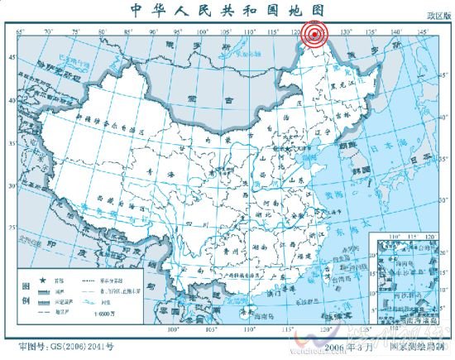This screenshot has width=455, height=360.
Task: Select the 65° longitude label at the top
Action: (x=21, y=31)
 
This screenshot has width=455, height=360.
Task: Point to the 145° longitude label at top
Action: (x=424, y=31)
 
